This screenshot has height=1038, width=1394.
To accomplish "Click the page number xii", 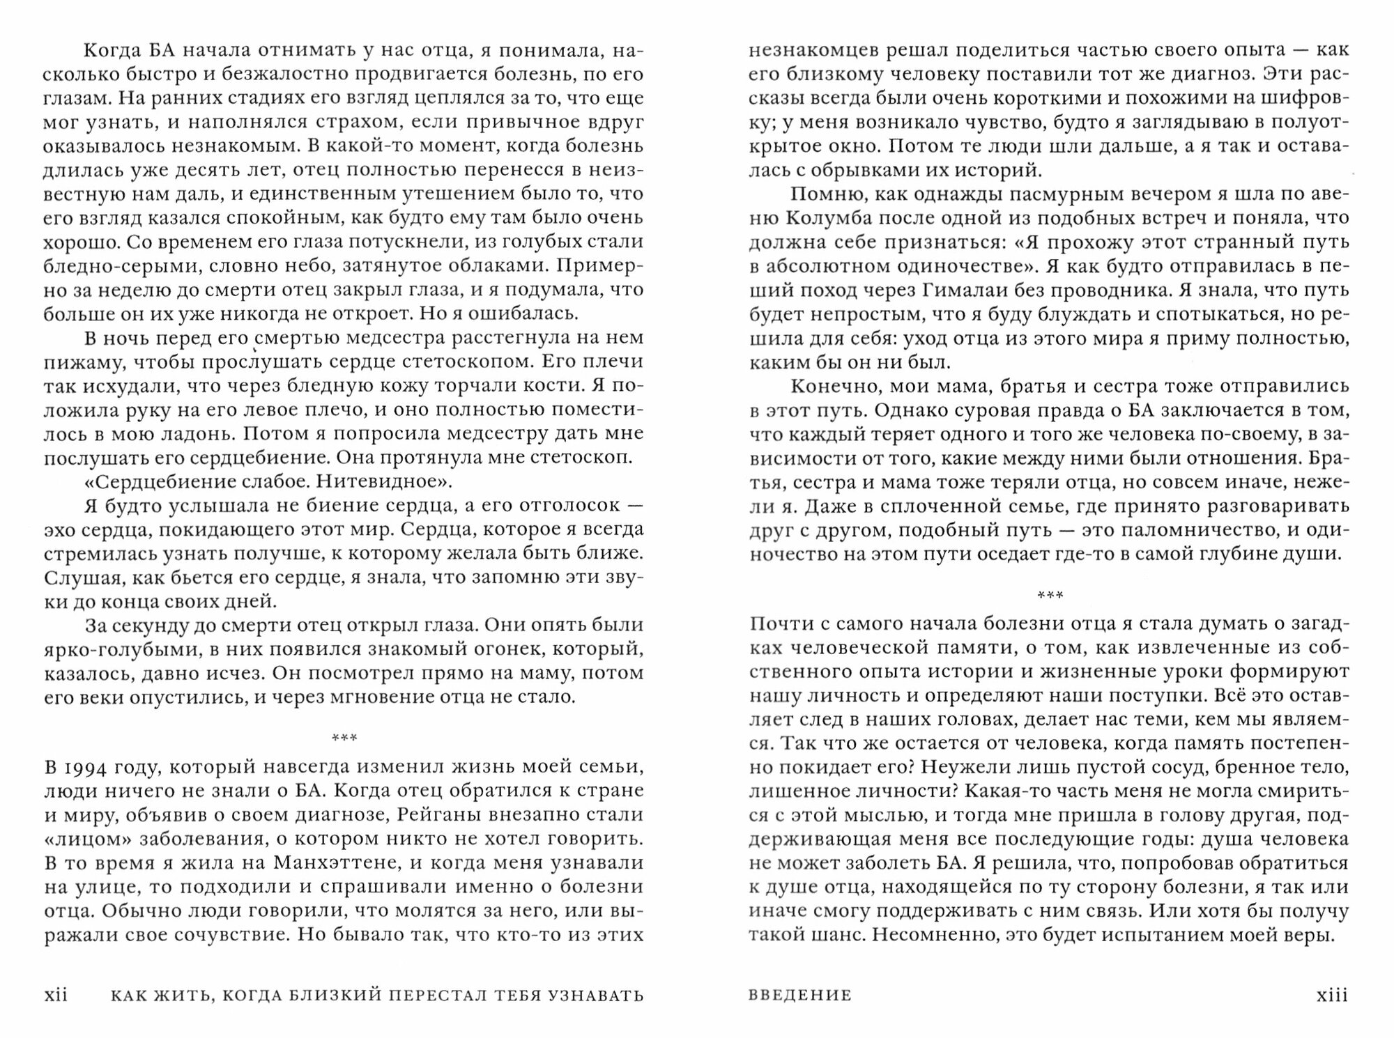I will click(x=56, y=995).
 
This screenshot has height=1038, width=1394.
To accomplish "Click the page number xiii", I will click(x=1332, y=995).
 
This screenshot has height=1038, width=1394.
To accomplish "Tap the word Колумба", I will click(x=837, y=217).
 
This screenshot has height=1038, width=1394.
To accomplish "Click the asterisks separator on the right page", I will click(x=1050, y=595).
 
